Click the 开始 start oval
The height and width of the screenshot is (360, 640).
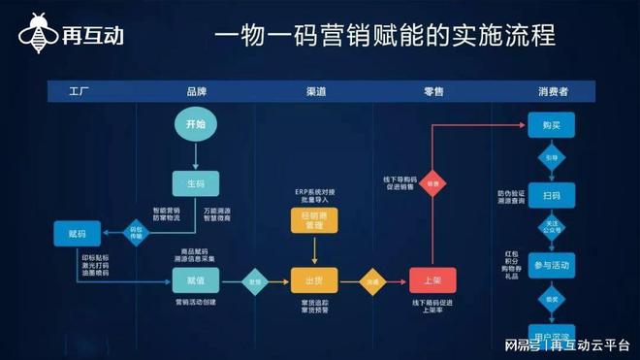195,124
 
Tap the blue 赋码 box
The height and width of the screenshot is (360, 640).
79,233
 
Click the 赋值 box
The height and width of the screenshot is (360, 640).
195,281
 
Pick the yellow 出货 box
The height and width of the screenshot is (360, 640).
314,281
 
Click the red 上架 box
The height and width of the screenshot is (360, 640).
433,281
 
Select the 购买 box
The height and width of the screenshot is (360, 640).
552,125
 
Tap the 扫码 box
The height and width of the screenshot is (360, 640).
552,195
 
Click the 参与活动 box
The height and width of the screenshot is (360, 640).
552,265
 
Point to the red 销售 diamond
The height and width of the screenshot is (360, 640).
433,182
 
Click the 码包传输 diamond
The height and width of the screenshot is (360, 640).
137,233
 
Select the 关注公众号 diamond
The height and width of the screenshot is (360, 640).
552,230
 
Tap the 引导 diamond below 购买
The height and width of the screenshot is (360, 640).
552,158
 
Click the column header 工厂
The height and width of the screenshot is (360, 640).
79,91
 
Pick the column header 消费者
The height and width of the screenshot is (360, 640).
553,91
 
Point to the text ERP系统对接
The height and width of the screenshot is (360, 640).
314,191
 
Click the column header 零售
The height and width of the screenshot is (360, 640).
433,91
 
